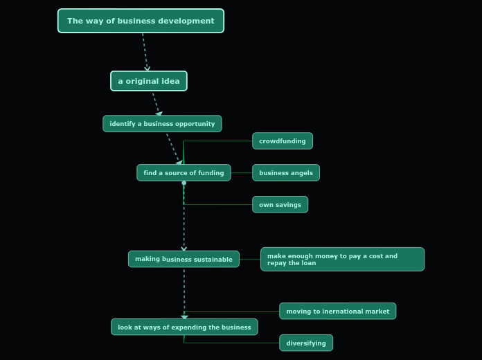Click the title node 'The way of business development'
point(141,21)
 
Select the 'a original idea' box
point(149,81)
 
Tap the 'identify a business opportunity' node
point(162,124)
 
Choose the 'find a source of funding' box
point(184,173)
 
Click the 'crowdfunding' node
point(283,141)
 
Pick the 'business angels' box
point(286,173)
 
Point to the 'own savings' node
point(280,205)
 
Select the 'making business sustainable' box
point(184,259)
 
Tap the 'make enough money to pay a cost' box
point(342,259)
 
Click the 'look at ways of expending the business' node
point(184,327)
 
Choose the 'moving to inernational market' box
point(337,312)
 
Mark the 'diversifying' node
point(306,343)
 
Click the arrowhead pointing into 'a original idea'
point(147,69)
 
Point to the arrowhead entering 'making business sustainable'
point(184,248)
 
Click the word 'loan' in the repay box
point(308,264)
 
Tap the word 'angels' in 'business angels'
point(301,173)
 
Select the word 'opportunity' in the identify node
point(195,124)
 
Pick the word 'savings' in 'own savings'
point(289,205)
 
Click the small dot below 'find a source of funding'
point(184,183)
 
